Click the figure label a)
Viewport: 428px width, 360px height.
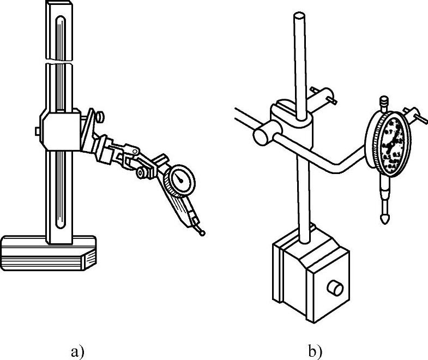(x=77, y=352)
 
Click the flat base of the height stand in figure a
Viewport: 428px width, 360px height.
(x=49, y=252)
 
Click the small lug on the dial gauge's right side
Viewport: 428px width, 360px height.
(x=419, y=117)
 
